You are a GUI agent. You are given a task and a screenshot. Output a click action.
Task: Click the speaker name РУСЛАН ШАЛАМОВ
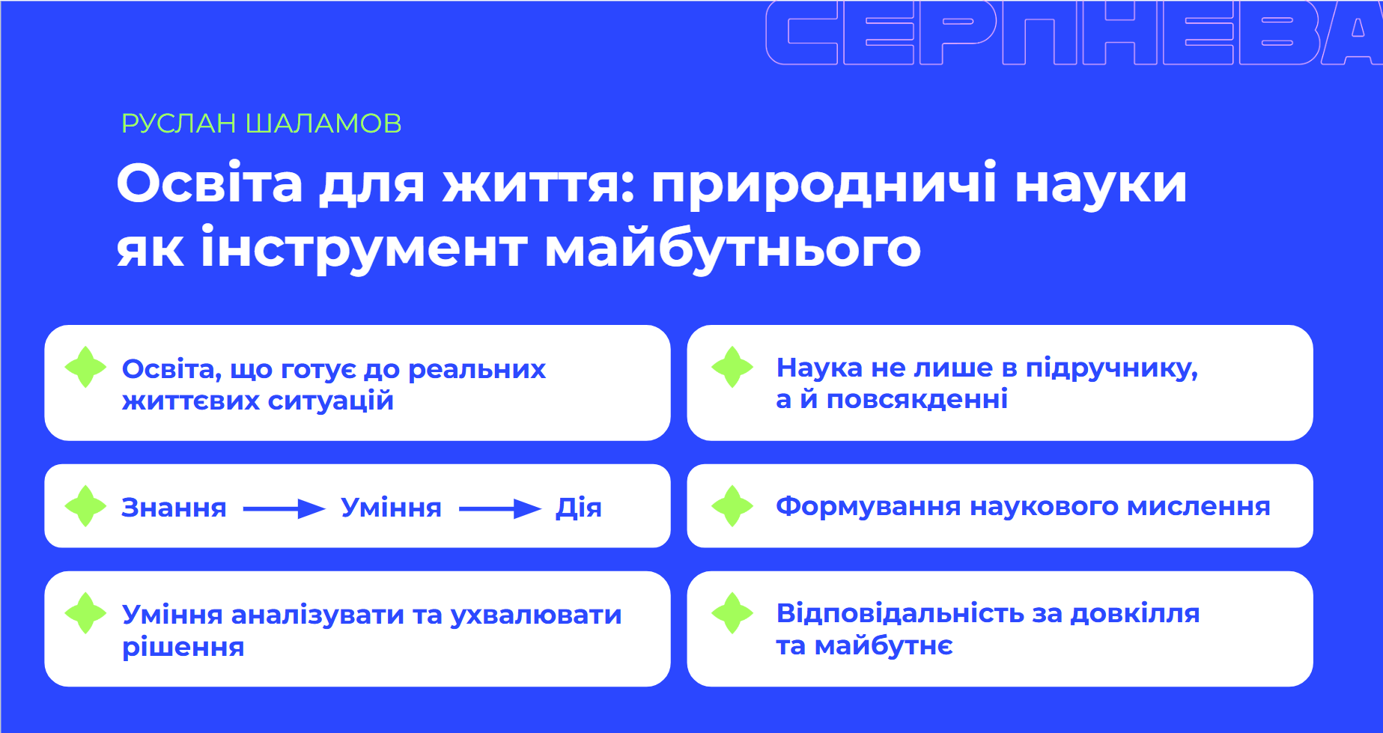(261, 124)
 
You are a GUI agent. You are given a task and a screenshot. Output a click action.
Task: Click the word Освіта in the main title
(210, 183)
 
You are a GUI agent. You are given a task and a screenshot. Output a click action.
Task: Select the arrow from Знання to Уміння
(284, 509)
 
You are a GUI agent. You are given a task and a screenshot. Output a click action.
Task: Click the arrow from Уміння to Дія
(499, 509)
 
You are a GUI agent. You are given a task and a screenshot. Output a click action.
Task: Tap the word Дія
(579, 508)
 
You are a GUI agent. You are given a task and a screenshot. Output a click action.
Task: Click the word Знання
(174, 508)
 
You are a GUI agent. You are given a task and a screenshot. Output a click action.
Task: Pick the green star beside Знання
(85, 506)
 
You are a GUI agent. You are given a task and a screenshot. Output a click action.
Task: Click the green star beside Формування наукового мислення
(732, 506)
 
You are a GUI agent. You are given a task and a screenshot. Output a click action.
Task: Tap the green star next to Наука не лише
(732, 367)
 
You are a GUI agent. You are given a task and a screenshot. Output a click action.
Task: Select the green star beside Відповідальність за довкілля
(732, 613)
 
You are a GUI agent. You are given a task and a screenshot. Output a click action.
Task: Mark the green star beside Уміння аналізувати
(85, 613)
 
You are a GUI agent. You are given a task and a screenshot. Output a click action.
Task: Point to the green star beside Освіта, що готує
(85, 367)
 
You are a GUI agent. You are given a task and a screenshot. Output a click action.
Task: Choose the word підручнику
(1112, 368)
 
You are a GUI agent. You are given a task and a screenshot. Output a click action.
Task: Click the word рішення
(183, 648)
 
